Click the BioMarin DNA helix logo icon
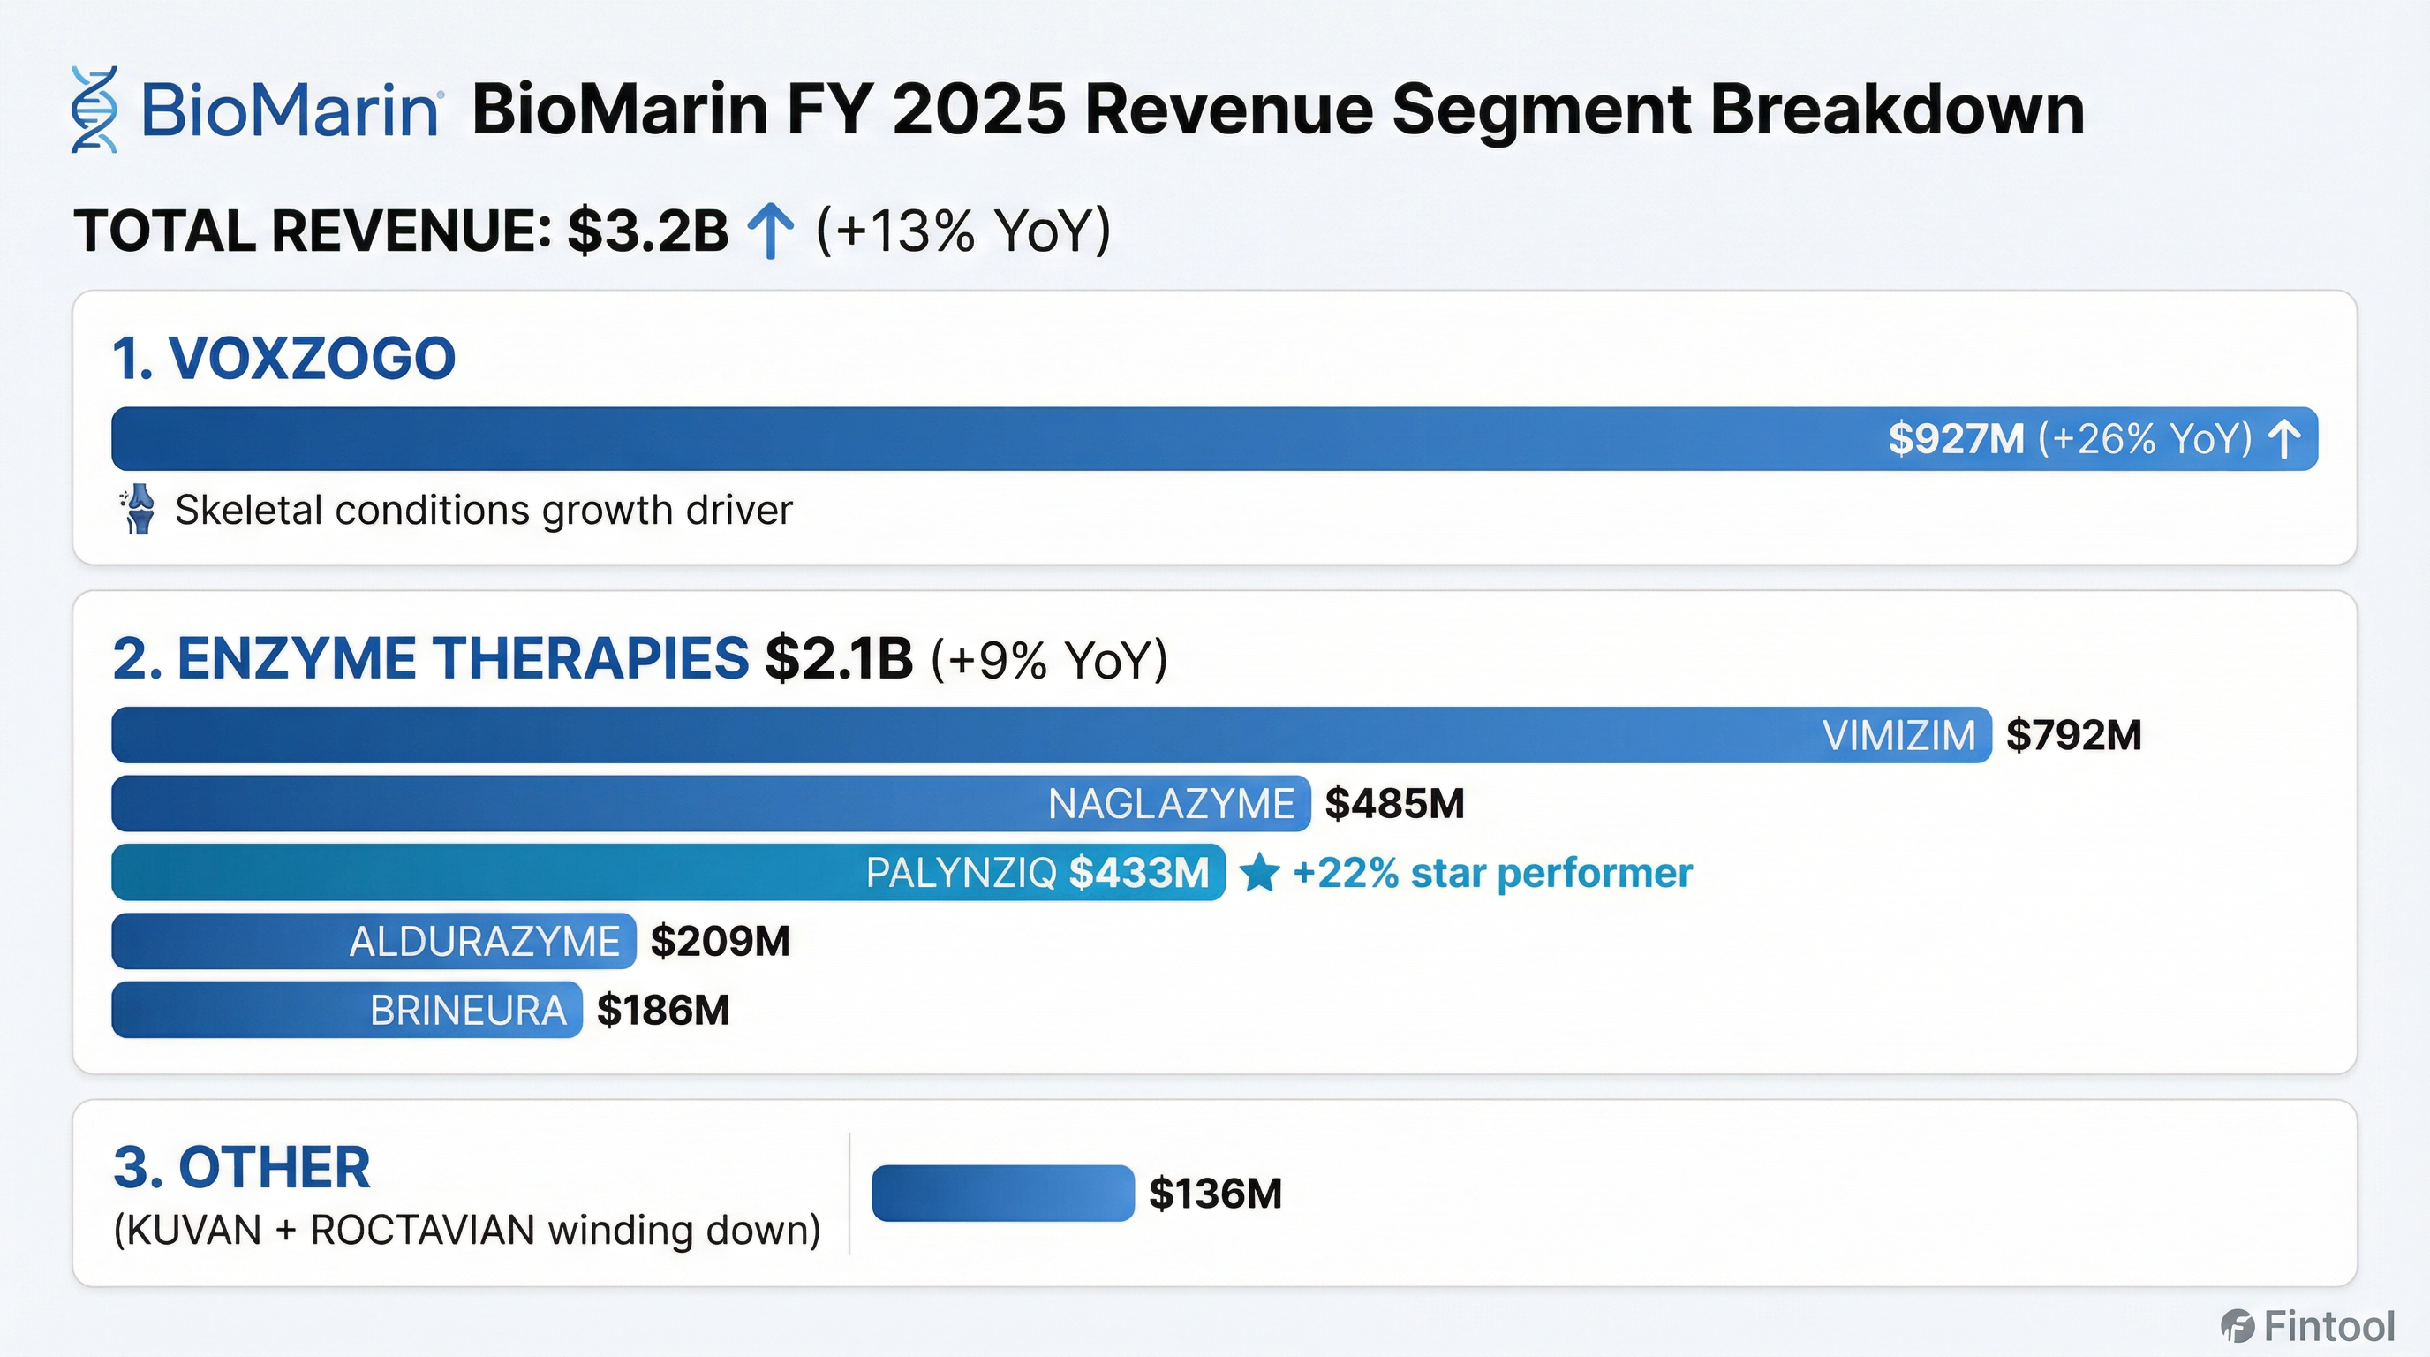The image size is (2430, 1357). point(94,110)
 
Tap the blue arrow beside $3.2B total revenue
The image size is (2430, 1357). point(771,232)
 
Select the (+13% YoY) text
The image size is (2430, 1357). point(963,231)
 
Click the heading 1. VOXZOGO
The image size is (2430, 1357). point(283,359)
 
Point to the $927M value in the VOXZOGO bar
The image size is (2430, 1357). point(1956,439)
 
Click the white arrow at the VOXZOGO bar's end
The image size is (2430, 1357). point(2283,439)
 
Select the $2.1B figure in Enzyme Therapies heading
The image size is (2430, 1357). point(839,659)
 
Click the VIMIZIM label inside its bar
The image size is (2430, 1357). point(1898,735)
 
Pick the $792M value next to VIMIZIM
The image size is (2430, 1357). point(2073,735)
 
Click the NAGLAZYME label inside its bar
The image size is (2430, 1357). point(1171,804)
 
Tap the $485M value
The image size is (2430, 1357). point(1394,804)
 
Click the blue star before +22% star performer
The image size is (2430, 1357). point(1258,873)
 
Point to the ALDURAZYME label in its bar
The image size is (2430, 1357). point(484,942)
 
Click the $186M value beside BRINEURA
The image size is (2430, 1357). point(663,1011)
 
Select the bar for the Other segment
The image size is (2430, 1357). point(1002,1194)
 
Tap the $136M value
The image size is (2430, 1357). point(1215,1194)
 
